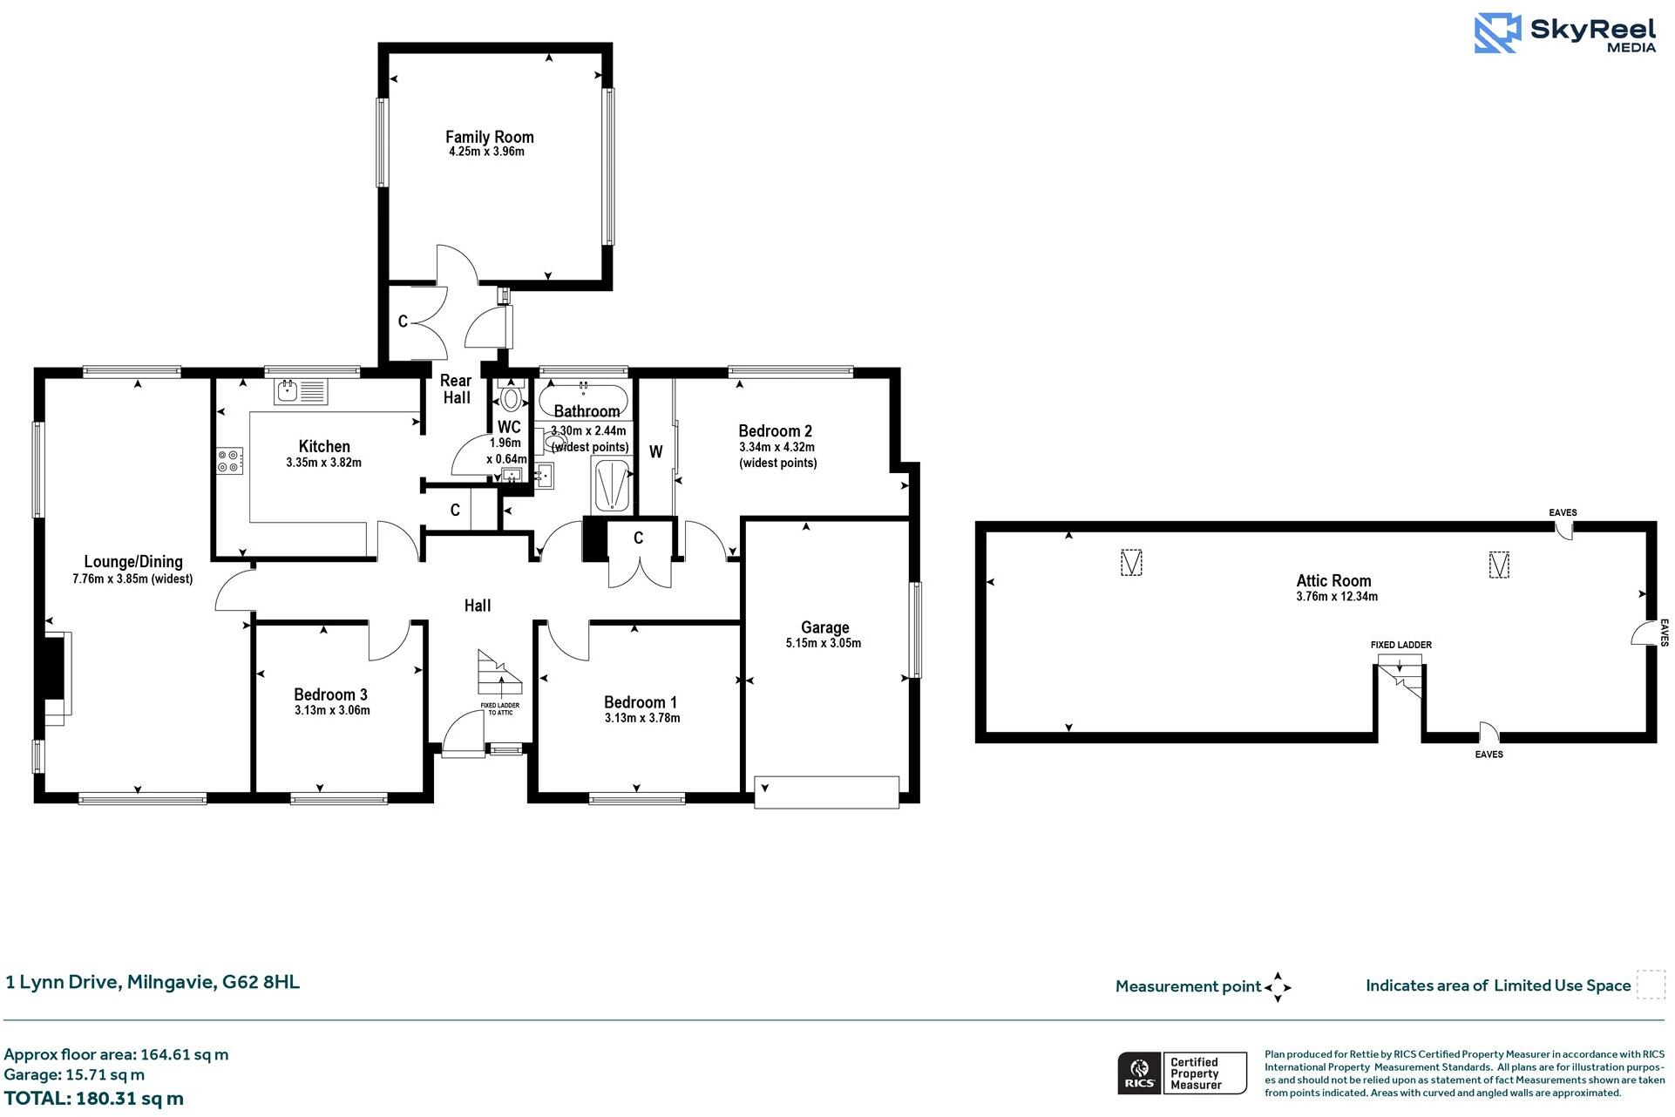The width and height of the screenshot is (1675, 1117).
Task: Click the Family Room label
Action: (489, 137)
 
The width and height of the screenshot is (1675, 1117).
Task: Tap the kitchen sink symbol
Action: (301, 392)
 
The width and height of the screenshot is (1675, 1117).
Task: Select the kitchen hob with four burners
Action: (229, 461)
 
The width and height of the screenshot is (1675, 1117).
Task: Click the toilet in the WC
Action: (511, 399)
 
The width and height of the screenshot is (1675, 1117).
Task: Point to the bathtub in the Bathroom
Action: (583, 401)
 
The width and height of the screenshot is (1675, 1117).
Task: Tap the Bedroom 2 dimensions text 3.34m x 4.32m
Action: (776, 447)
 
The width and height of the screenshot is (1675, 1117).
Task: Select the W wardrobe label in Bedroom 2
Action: (656, 451)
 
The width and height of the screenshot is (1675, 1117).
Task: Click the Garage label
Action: (824, 627)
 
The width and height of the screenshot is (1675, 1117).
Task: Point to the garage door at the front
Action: (826, 792)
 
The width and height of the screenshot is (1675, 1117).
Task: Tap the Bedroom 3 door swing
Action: (388, 642)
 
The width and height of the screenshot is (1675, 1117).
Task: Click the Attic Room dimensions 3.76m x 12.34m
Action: (1336, 597)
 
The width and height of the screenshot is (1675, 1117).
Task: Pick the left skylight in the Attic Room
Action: (1130, 563)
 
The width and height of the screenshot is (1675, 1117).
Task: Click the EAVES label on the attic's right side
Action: (1663, 633)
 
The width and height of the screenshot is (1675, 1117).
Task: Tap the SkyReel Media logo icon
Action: (1497, 33)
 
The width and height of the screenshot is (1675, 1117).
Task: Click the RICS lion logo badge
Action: (1138, 1073)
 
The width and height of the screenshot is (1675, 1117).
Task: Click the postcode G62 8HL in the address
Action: (261, 982)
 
